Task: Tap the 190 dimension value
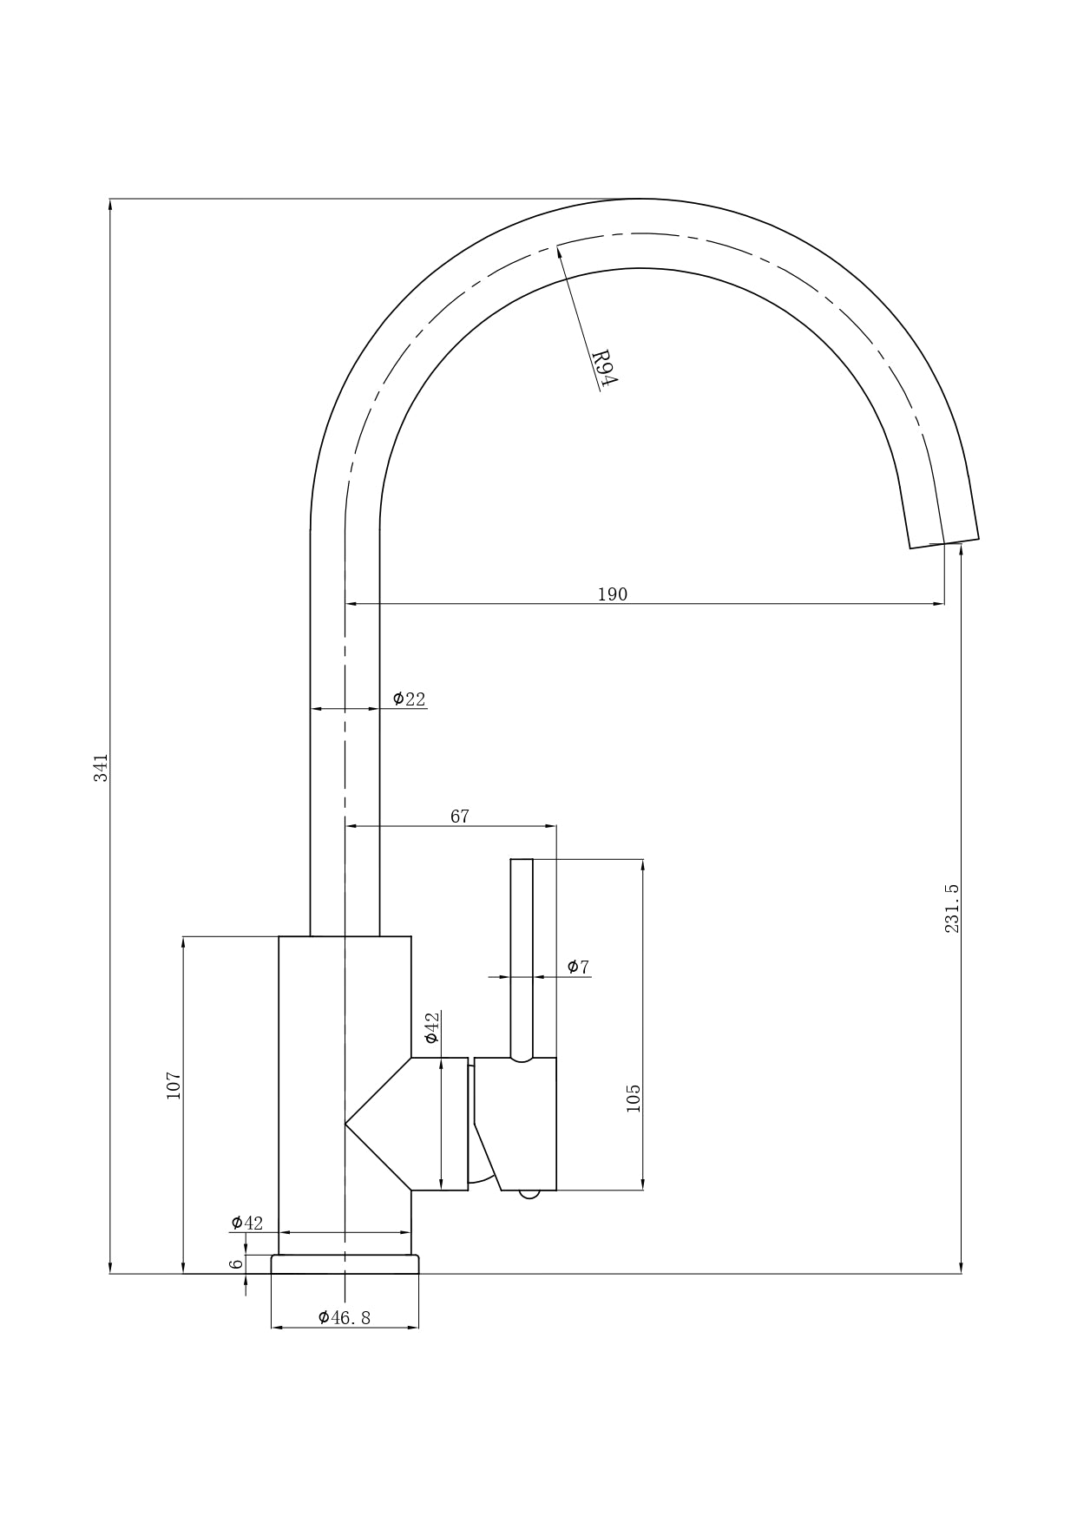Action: pyautogui.click(x=612, y=594)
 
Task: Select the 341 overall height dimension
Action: pyautogui.click(x=102, y=768)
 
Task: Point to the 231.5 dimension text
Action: pyautogui.click(x=952, y=909)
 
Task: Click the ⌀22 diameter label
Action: pyautogui.click(x=410, y=699)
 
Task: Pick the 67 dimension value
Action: pyautogui.click(x=460, y=817)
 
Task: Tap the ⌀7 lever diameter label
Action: pyautogui.click(x=578, y=967)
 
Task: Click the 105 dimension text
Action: pyautogui.click(x=633, y=1098)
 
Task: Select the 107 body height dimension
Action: pyautogui.click(x=174, y=1086)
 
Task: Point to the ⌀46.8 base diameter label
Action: pyautogui.click(x=345, y=1317)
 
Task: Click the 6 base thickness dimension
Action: pyautogui.click(x=236, y=1263)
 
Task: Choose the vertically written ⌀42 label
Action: pyautogui.click(x=431, y=1027)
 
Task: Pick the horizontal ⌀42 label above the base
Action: pyautogui.click(x=246, y=1223)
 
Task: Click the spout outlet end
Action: pyautogui.click(x=944, y=543)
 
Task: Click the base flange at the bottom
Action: pyautogui.click(x=345, y=1264)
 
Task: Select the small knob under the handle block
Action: pyautogui.click(x=529, y=1194)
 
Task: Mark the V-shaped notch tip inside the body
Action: pyautogui.click(x=345, y=1124)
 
